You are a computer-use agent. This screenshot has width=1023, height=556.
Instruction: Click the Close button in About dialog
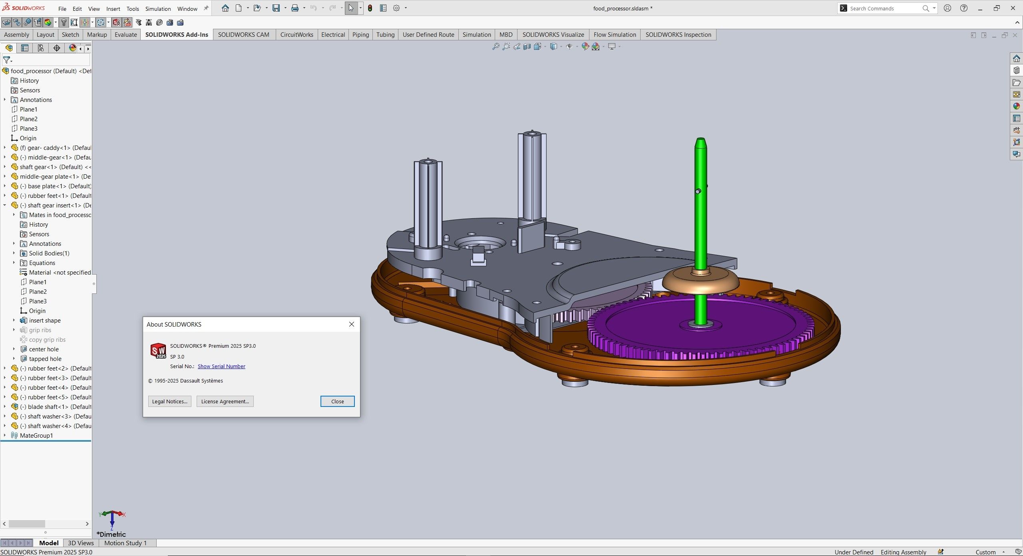tap(337, 401)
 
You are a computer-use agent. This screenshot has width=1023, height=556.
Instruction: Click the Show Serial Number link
tap(221, 366)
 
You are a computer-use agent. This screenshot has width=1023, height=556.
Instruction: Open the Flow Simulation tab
tap(615, 35)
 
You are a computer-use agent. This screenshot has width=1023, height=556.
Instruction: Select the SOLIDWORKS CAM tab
tap(243, 35)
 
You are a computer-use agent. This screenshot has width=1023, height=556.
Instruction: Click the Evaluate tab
tap(125, 35)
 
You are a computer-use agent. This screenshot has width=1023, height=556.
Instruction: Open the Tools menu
tap(133, 9)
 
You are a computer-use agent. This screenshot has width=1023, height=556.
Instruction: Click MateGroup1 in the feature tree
tap(36, 435)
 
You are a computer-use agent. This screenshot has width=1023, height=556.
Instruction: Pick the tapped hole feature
tap(45, 359)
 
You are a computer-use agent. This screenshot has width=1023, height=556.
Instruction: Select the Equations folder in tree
tap(42, 263)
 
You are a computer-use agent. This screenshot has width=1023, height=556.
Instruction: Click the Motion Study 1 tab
tap(125, 543)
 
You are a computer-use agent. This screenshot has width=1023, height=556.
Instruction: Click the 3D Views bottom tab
tap(81, 543)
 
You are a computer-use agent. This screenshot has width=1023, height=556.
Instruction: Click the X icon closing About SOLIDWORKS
tap(352, 324)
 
